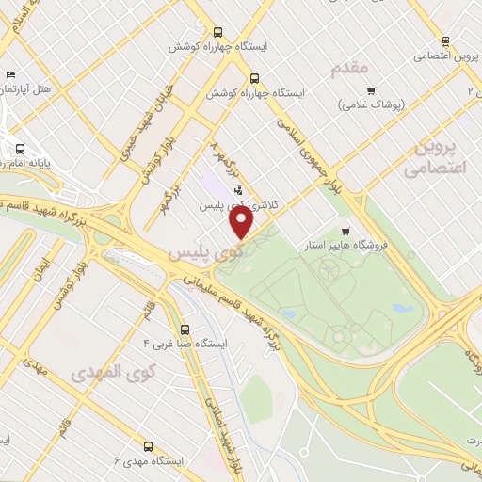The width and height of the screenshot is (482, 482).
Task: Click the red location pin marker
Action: (x=242, y=223)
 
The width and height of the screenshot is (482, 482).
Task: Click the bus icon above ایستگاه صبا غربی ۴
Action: (x=185, y=330)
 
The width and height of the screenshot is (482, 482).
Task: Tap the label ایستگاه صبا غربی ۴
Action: (x=185, y=345)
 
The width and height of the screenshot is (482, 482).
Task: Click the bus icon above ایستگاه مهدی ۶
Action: (x=148, y=446)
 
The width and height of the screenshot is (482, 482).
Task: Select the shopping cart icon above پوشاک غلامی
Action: (x=371, y=92)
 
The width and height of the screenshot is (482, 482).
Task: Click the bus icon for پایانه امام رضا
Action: (x=20, y=148)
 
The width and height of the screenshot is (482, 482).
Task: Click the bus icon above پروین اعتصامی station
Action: (x=445, y=40)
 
